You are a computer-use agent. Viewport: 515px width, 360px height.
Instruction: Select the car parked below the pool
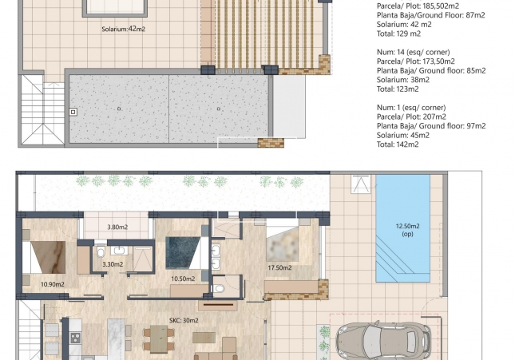371,338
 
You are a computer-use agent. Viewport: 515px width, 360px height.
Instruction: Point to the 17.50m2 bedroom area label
279,268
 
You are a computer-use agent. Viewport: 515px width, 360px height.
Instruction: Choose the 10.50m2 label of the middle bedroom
184,279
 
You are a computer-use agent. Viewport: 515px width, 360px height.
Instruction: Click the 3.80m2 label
117,227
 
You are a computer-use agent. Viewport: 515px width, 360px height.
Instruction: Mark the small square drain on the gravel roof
73,113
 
